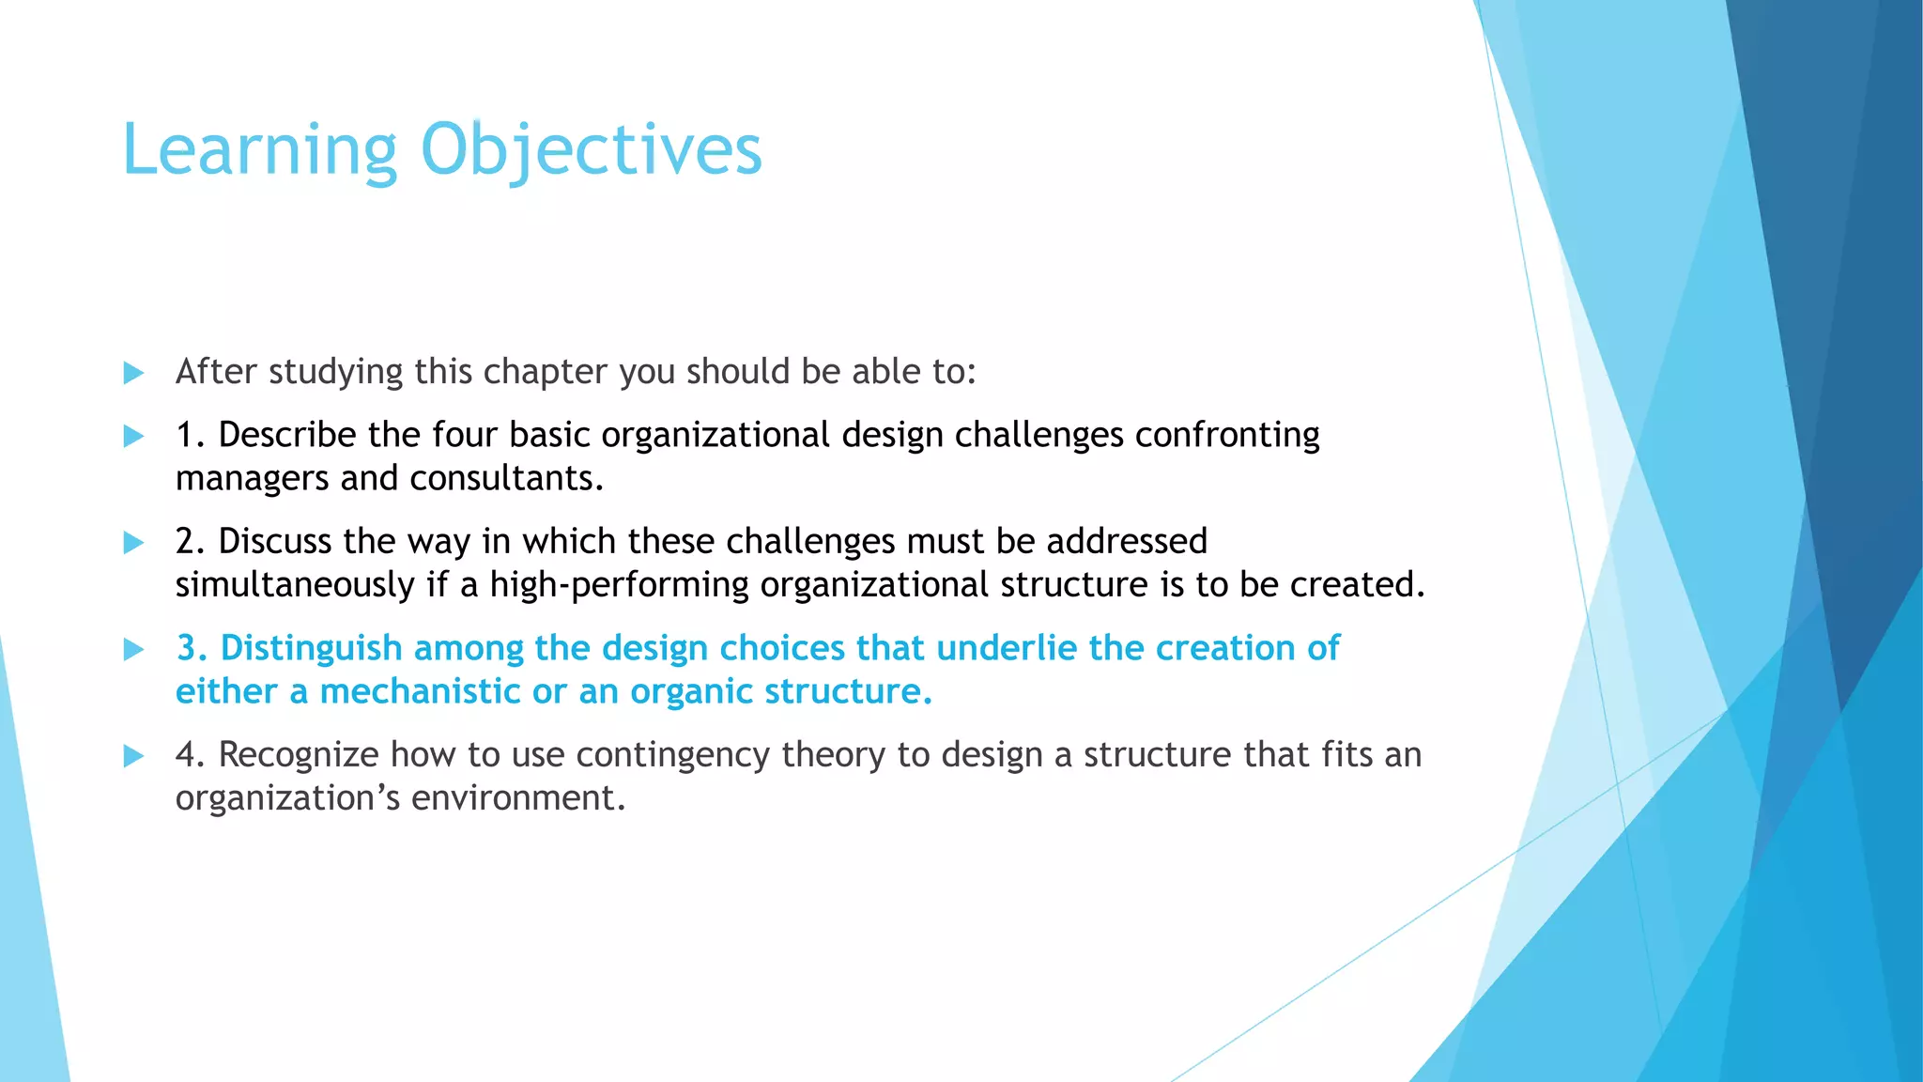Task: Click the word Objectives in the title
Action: [x=591, y=150]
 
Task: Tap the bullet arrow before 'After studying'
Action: [x=133, y=373]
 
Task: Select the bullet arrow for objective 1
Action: [x=133, y=436]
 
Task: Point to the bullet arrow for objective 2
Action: [x=133, y=542]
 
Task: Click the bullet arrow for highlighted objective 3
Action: [x=133, y=649]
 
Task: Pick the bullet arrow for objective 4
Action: [x=133, y=755]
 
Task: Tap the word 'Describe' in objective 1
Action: [x=287, y=435]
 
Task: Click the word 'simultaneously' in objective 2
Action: [x=295, y=585]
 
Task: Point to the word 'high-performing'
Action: [x=619, y=585]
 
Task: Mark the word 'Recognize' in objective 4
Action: [x=298, y=755]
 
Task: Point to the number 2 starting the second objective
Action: [x=185, y=542]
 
